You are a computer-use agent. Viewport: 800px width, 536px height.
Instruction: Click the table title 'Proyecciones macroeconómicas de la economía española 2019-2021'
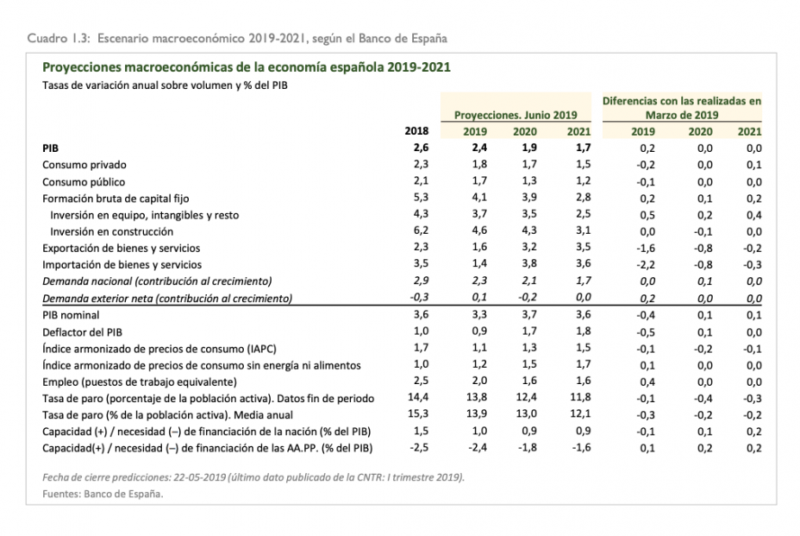pyautogui.click(x=246, y=67)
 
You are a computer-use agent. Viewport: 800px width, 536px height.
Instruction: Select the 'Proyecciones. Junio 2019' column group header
pyautogui.click(x=516, y=114)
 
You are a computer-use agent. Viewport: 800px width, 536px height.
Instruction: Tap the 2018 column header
pyautogui.click(x=416, y=131)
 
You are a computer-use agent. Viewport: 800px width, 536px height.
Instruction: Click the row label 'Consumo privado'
pyautogui.click(x=84, y=165)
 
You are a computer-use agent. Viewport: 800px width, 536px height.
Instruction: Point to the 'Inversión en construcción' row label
pyautogui.click(x=111, y=231)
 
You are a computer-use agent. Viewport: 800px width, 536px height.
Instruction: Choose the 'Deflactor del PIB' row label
pyautogui.click(x=83, y=331)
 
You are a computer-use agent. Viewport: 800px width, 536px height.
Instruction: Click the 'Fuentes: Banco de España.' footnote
pyautogui.click(x=103, y=494)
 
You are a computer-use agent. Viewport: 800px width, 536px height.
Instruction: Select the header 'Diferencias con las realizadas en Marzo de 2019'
pyautogui.click(x=681, y=107)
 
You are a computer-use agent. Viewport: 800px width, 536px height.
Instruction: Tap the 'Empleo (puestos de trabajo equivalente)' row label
pyautogui.click(x=139, y=382)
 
